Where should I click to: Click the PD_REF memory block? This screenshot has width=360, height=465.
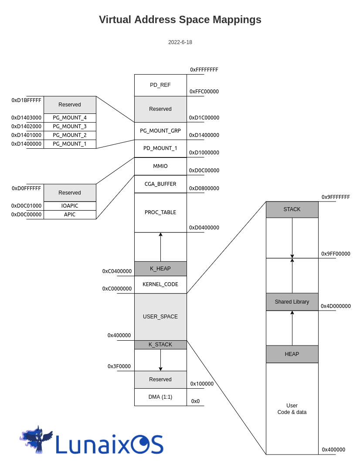pos(160,85)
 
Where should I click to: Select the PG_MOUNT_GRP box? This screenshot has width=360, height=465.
pos(160,130)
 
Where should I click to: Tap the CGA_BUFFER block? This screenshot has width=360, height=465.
pos(160,184)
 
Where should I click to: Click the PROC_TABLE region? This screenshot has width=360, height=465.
pos(160,212)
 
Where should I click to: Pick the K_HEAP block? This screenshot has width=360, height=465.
pos(160,269)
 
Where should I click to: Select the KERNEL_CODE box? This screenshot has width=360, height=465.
pos(160,284)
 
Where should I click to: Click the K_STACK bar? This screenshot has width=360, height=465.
pos(160,345)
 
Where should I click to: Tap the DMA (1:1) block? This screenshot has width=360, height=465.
pos(160,397)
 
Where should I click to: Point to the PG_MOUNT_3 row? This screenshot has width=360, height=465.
pos(70,127)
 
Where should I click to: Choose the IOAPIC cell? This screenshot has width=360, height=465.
pos(70,206)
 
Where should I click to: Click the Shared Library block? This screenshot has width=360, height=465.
pos(292,302)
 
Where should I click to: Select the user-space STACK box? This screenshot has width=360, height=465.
pos(292,209)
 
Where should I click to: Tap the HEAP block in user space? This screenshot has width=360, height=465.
pos(292,354)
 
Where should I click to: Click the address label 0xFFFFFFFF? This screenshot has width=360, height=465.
pos(204,70)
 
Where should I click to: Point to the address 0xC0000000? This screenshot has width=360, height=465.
pos(117,289)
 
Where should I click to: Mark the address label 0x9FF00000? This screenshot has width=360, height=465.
pos(336,254)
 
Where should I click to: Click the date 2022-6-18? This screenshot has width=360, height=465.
pos(180,42)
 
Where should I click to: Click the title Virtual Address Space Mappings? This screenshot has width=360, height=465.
pos(180,20)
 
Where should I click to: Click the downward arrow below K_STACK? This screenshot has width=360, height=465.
pos(160,360)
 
